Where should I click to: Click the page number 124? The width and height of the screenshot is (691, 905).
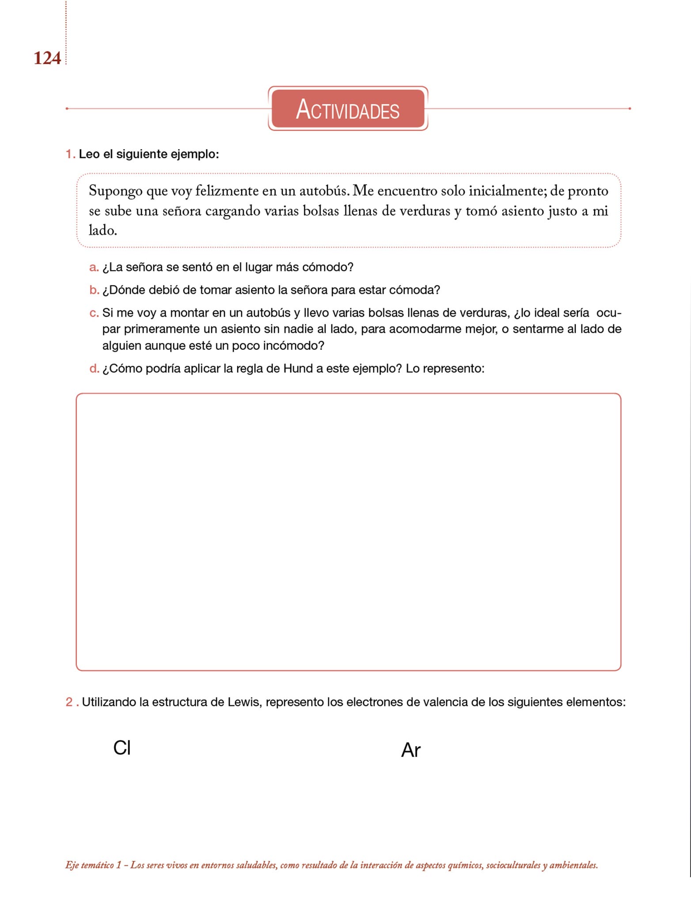click(47, 58)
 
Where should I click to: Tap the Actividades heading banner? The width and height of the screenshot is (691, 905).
click(348, 109)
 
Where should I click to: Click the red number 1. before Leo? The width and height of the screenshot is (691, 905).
click(70, 154)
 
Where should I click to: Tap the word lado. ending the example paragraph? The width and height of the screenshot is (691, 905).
click(103, 230)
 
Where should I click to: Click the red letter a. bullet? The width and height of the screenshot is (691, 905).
click(94, 267)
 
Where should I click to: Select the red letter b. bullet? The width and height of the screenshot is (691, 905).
click(94, 290)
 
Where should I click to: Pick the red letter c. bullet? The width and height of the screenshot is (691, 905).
click(94, 313)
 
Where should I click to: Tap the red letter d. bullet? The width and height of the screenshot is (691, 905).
click(94, 369)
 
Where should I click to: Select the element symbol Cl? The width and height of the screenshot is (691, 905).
click(122, 748)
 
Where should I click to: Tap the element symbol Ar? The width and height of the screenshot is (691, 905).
click(410, 750)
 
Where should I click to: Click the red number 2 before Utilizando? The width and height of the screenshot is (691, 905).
click(69, 702)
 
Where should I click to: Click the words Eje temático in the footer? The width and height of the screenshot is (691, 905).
click(89, 865)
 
